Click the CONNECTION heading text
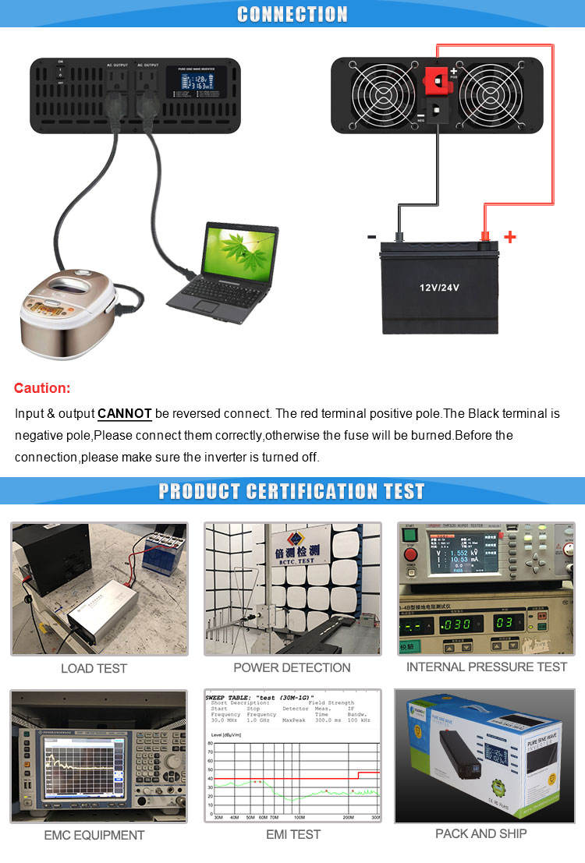pos(292,14)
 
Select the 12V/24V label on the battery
pos(439,288)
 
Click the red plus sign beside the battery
pos(510,236)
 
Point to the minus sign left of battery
pos(371,236)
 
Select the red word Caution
pos(42,388)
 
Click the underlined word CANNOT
pos(125,413)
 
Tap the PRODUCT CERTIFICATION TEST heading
pos(292,491)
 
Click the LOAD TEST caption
pos(94,668)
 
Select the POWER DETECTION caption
pos(292,667)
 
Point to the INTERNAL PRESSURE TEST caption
pos(487,667)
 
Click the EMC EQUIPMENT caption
pos(94,835)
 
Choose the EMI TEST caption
pos(292,834)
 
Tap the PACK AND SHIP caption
pos(481,833)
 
